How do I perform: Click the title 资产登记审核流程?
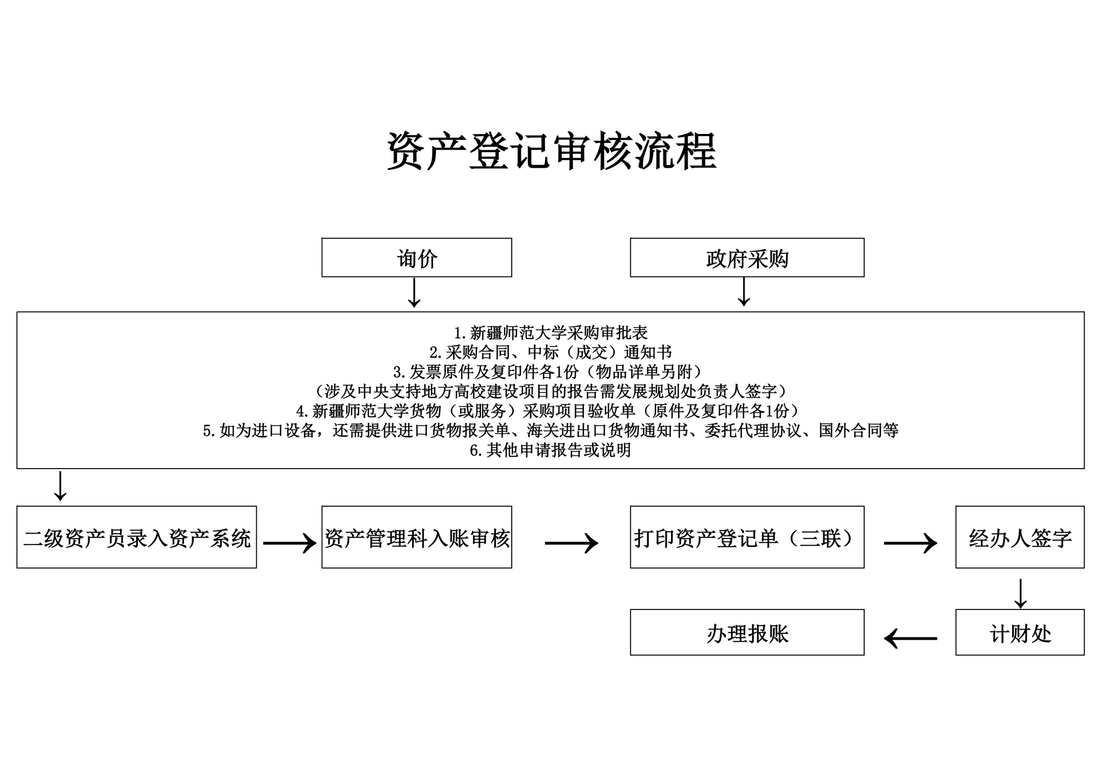point(551,152)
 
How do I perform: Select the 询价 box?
point(416,258)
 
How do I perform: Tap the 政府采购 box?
point(747,258)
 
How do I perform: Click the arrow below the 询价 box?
point(414,293)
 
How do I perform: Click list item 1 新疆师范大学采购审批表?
point(550,333)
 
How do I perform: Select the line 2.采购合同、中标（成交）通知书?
point(550,352)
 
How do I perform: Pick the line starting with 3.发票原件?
point(550,372)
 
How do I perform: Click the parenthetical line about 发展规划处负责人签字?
point(550,391)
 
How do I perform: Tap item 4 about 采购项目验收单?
point(550,411)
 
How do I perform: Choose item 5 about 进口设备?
point(550,430)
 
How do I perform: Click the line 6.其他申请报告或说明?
point(550,450)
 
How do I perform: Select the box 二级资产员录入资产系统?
point(137,537)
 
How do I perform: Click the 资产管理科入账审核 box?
point(416,537)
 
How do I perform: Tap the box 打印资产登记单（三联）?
point(747,537)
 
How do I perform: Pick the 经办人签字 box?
point(1020,537)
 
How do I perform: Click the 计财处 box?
point(1020,633)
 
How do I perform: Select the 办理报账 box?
point(747,633)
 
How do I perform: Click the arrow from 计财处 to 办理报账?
point(910,639)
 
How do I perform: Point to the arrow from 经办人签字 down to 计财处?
point(1020,593)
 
